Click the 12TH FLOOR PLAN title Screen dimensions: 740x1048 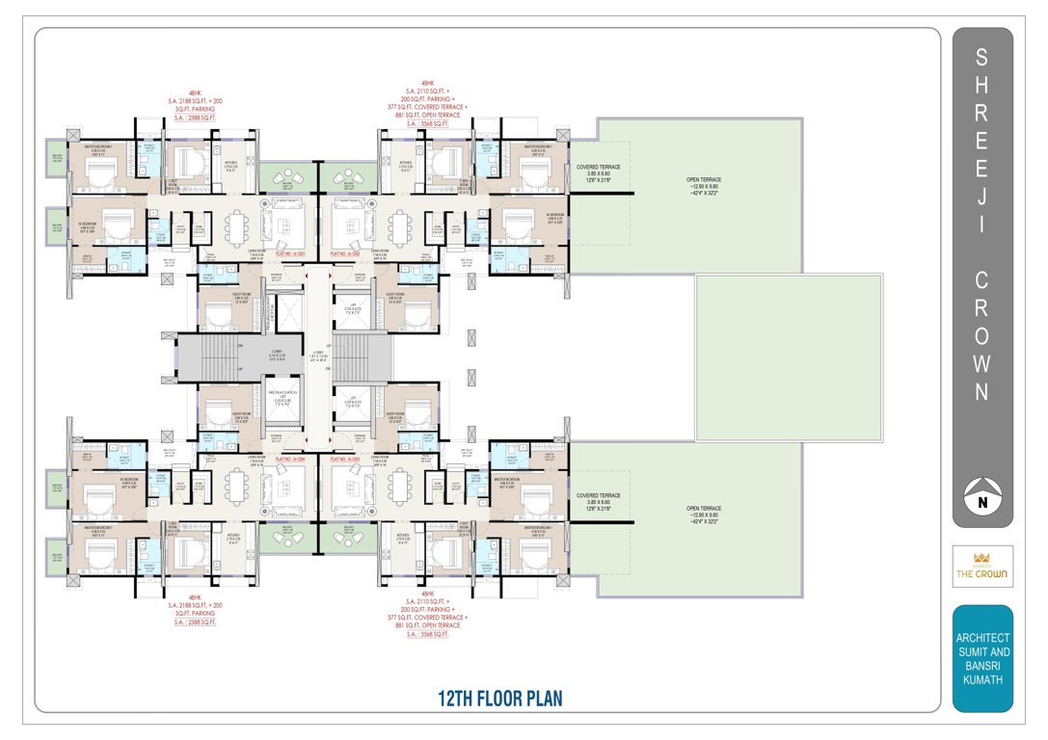[498, 699]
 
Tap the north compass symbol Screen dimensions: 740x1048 [983, 498]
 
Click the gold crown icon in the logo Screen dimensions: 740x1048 [983, 558]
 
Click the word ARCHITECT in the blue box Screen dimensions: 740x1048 [982, 638]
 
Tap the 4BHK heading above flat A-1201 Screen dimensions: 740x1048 [190, 94]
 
